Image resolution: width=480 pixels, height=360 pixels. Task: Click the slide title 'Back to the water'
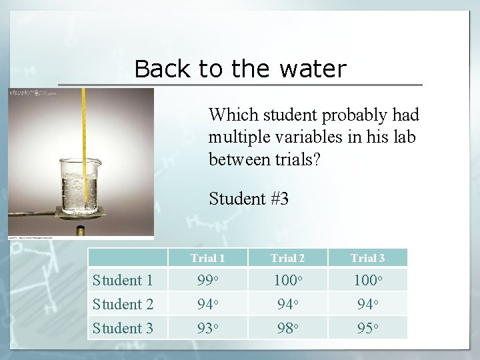point(240,69)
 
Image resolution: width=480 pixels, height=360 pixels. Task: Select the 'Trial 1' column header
point(207,258)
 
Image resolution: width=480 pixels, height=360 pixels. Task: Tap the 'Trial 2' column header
point(287,258)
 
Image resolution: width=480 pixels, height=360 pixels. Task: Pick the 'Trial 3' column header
point(367,258)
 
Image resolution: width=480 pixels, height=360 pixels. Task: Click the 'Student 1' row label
point(123,280)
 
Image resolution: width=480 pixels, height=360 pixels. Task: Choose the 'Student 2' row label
point(123,304)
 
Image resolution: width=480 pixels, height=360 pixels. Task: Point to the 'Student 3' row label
point(123,328)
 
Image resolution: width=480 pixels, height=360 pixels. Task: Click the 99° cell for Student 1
point(207,280)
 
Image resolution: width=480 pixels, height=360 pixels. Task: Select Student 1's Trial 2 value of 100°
point(287,280)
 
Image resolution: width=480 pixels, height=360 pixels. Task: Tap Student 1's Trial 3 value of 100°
point(367,280)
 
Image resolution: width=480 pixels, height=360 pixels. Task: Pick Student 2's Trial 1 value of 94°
point(207,304)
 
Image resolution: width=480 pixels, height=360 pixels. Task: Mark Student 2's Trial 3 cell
point(367,304)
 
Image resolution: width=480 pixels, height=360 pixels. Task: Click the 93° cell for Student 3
point(207,328)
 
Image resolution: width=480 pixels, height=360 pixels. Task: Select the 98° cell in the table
point(287,328)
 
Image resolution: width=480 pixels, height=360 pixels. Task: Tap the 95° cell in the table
point(367,328)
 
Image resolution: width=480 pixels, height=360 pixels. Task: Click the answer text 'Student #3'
point(248,198)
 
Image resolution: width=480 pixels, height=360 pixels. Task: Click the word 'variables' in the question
point(300,137)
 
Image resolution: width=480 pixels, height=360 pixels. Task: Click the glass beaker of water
point(80,183)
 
